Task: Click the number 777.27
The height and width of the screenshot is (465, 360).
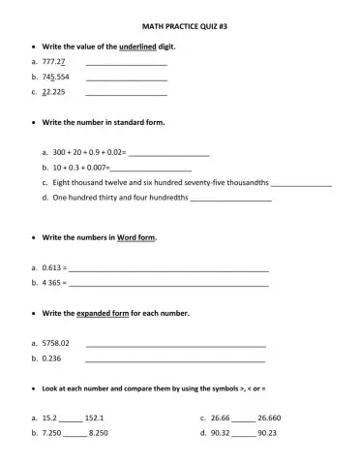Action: click(54, 61)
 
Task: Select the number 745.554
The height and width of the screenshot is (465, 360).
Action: click(56, 77)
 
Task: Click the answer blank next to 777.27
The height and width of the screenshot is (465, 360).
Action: click(126, 63)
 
